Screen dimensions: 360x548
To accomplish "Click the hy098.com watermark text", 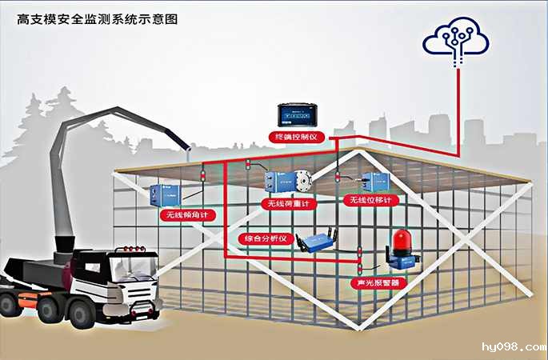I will (511, 346).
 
